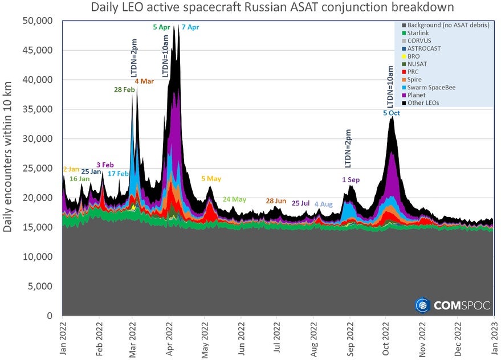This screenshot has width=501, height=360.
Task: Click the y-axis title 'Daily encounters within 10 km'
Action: (9, 168)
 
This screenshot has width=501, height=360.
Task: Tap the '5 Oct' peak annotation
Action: (392, 113)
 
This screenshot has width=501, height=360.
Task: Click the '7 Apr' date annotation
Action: (190, 27)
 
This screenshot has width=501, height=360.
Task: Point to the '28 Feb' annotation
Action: (124, 89)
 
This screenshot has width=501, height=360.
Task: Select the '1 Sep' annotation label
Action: (351, 180)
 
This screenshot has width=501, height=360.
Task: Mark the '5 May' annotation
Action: (211, 179)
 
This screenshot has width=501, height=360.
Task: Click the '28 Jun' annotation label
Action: (276, 201)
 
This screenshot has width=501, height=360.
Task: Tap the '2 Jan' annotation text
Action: (71, 169)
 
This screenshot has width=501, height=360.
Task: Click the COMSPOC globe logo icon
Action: (422, 305)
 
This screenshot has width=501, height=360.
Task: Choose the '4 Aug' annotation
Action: (323, 204)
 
